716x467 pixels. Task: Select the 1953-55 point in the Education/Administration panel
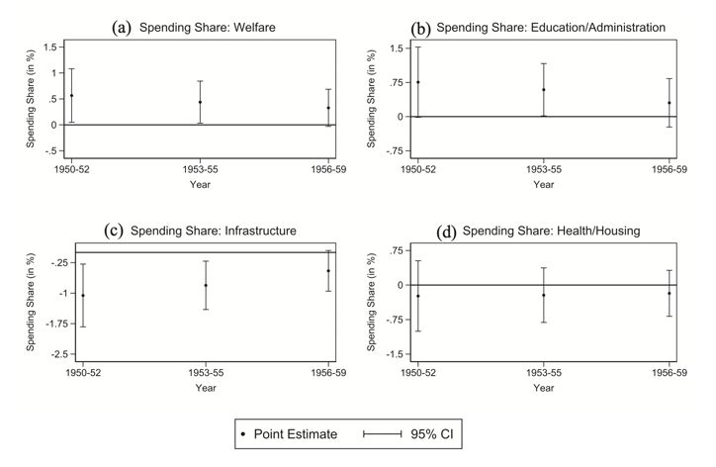click(543, 90)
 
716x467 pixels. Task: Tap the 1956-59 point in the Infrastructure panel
click(328, 271)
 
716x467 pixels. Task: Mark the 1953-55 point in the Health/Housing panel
click(543, 295)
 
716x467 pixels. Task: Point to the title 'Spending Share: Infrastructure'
click(219, 232)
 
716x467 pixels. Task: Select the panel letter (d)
click(447, 232)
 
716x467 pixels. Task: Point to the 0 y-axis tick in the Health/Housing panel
click(401, 285)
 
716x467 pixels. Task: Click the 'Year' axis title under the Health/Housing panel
click(543, 388)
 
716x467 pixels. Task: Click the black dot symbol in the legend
click(243, 434)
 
